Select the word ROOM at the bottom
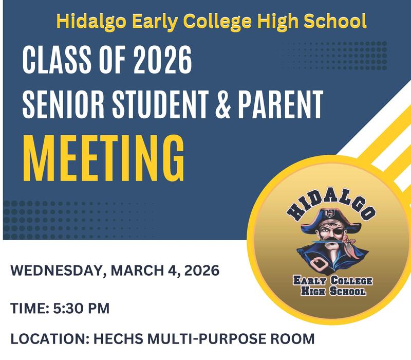292,340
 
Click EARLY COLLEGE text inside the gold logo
332,281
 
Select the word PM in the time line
98,310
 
